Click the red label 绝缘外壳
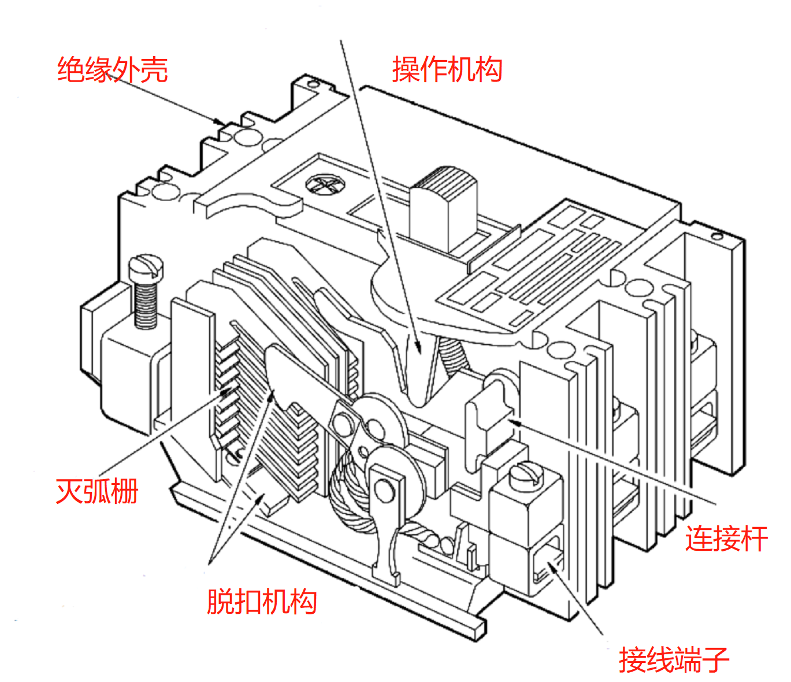pyautogui.click(x=112, y=70)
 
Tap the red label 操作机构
pyautogui.click(x=447, y=70)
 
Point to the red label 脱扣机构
pyautogui.click(x=262, y=602)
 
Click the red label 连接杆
pyautogui.click(x=726, y=539)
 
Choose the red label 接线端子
pyautogui.click(x=674, y=659)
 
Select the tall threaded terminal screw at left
pyautogui.click(x=145, y=292)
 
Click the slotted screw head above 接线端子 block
pyautogui.click(x=526, y=475)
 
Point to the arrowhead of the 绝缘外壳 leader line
pyautogui.click(x=222, y=123)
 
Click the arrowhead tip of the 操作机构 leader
pyautogui.click(x=417, y=350)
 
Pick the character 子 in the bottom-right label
pyautogui.click(x=715, y=659)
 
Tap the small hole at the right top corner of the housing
pyautogui.click(x=716, y=236)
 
